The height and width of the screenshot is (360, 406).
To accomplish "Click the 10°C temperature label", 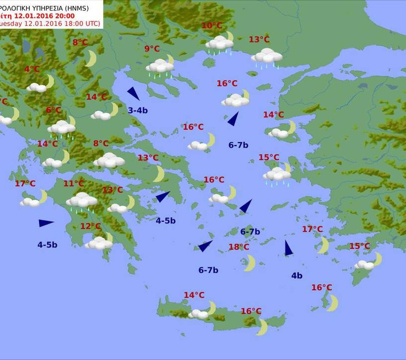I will tap(212, 26).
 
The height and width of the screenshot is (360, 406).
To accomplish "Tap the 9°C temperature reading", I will tap(152, 49).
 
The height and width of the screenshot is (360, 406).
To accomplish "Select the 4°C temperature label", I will tap(32, 69).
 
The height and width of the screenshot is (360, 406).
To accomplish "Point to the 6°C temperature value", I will tap(53, 110).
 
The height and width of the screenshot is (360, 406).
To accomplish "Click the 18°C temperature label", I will tap(239, 247).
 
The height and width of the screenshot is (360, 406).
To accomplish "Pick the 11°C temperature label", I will tap(73, 184).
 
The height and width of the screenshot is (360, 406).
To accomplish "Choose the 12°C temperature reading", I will tap(91, 226).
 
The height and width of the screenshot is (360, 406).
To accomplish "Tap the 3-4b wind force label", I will tap(138, 110).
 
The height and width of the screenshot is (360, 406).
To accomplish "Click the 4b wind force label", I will tap(297, 276).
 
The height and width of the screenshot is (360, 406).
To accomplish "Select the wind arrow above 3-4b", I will tap(133, 94).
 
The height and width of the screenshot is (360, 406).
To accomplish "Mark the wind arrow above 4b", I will tap(288, 248).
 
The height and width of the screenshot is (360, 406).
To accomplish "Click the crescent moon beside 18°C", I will tap(250, 263).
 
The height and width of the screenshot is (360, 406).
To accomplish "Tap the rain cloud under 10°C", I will tap(220, 44).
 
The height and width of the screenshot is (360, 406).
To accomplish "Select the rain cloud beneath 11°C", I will tap(82, 201).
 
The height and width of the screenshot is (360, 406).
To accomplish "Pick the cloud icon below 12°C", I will tap(99, 243).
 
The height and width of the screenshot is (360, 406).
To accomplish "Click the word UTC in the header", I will tap(92, 23).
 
